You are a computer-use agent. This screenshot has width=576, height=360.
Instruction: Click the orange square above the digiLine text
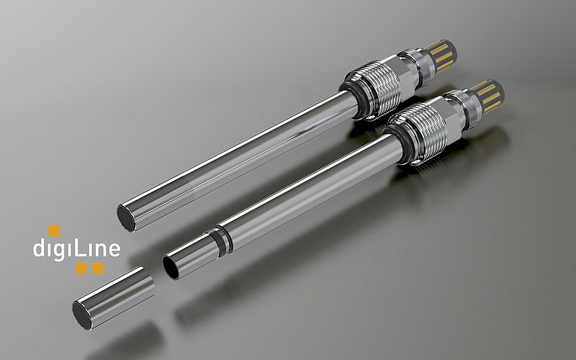coord(53,230)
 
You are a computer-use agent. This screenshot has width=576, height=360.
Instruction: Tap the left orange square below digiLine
coord(80,269)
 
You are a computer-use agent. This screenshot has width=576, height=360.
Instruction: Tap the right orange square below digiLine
coord(97,269)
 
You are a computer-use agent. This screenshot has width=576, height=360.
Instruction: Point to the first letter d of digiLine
coord(39,249)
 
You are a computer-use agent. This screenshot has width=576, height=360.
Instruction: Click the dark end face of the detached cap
coord(81,315)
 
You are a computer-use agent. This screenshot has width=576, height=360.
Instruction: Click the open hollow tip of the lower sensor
coord(174,266)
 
